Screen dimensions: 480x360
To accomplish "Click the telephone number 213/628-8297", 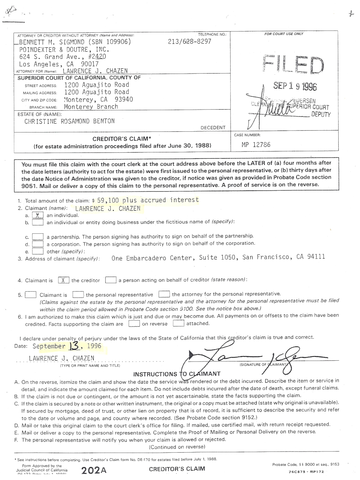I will tap(189, 42).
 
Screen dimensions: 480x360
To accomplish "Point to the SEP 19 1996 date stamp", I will tap(295, 86).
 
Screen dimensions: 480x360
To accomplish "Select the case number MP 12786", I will tap(256, 144).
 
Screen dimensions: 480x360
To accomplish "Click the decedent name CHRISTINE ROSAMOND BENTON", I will tap(69, 121).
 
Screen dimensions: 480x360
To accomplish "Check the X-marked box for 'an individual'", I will tap(37, 215).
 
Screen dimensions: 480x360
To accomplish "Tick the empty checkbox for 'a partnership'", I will tap(37, 237).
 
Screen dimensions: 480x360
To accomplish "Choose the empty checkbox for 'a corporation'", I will tap(37, 244).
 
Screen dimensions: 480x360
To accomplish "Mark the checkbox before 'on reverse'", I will tap(134, 324).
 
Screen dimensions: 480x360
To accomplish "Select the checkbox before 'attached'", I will tap(178, 324).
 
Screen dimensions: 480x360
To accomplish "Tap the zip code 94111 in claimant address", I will tap(316, 257).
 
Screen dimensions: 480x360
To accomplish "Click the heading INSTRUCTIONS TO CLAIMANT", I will tap(177, 374).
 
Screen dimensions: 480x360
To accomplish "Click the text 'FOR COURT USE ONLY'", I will tap(283, 34).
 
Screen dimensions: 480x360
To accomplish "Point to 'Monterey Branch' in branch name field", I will tap(91, 107).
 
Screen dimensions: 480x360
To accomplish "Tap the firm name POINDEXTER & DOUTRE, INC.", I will tap(64, 50).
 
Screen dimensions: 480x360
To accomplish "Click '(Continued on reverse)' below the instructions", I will tap(177, 447).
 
